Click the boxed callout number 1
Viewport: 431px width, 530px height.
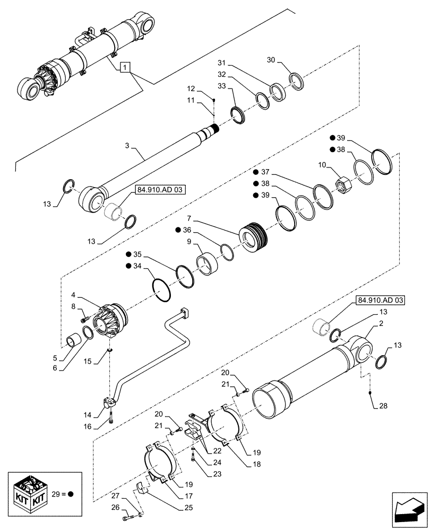(124, 67)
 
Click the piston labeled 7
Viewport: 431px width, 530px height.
(253, 235)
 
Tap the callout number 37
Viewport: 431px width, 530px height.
(266, 172)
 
